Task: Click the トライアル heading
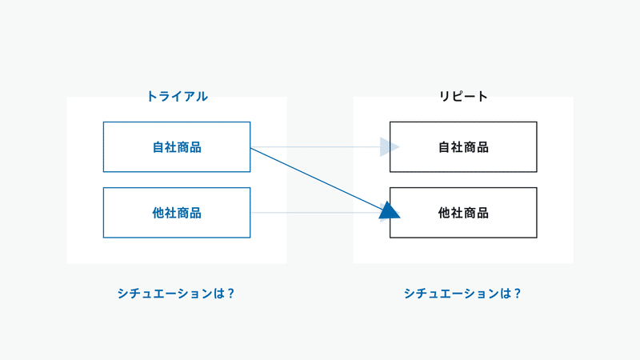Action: point(177,96)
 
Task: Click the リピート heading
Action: point(463,96)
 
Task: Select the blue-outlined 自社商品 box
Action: point(177,147)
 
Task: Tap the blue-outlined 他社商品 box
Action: point(177,213)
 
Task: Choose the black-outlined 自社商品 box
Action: point(463,147)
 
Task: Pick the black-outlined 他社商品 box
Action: point(463,213)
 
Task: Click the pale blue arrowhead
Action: point(389,147)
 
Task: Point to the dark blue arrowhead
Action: point(389,210)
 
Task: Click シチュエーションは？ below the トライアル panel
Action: point(176,294)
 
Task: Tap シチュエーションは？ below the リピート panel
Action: point(463,294)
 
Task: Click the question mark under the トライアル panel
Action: point(230,294)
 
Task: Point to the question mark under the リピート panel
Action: point(518,294)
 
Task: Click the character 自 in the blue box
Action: point(158,147)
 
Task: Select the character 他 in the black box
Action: point(445,213)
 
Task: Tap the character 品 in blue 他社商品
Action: point(195,213)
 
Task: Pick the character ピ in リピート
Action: point(457,96)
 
